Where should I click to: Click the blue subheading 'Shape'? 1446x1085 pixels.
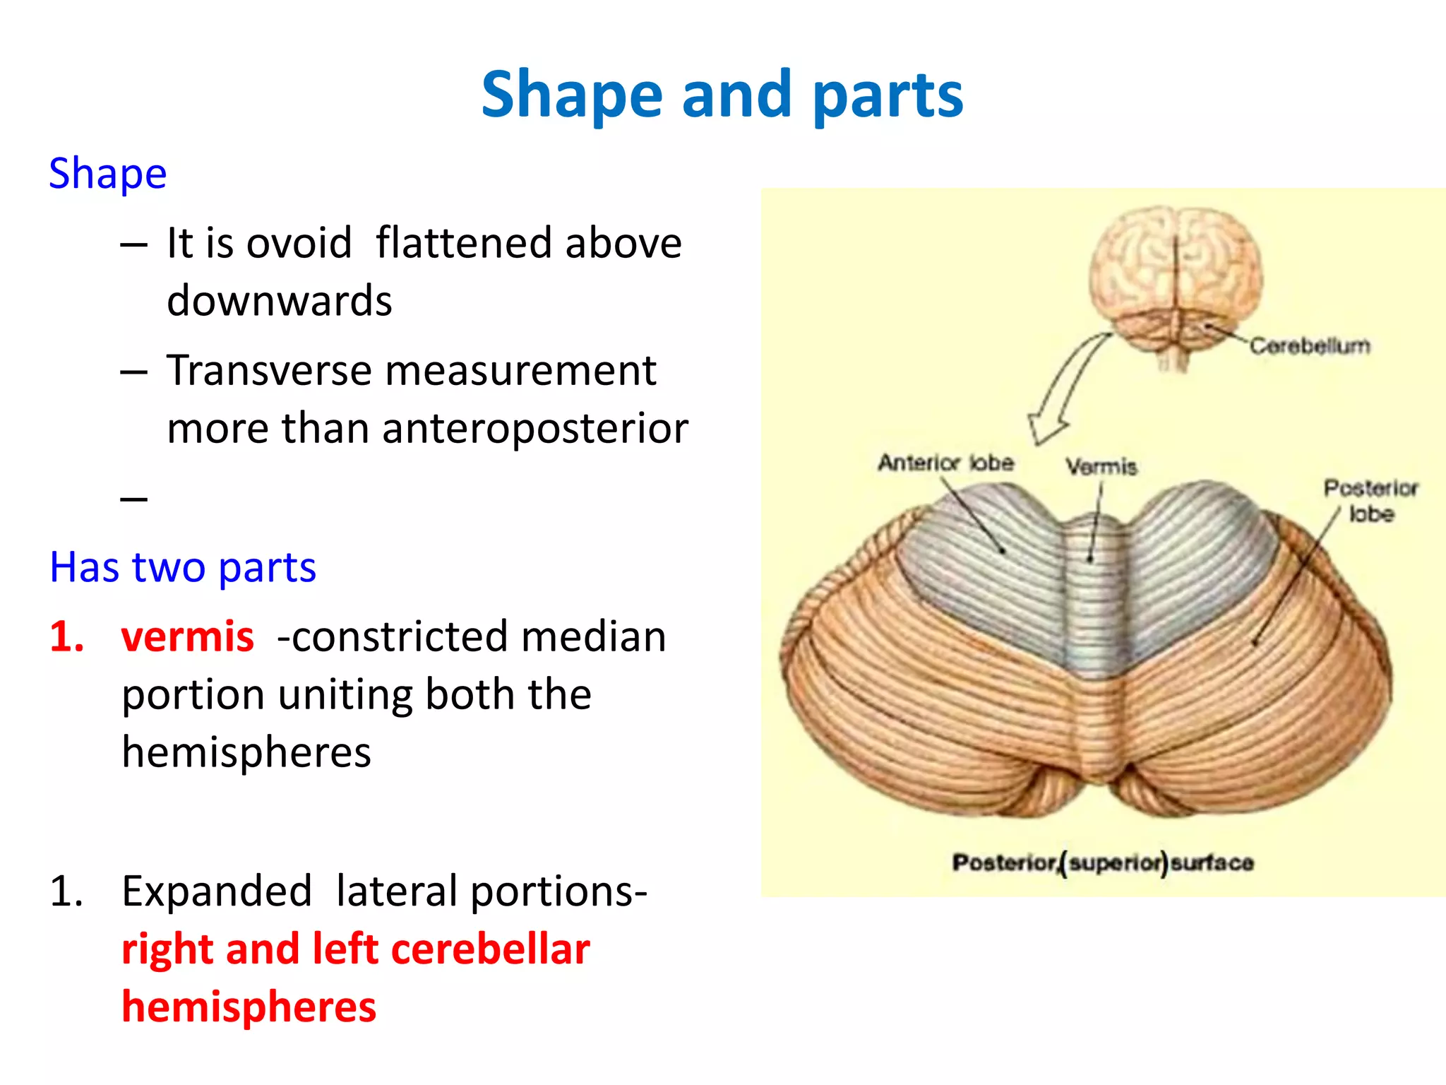coord(107,173)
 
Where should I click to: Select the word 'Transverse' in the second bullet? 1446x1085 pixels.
coord(268,371)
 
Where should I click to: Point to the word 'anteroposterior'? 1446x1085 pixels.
coord(534,428)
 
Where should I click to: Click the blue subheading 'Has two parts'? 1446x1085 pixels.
coord(183,567)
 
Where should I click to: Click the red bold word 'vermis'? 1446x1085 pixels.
coord(187,636)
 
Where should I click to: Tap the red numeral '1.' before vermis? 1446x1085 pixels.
coord(67,636)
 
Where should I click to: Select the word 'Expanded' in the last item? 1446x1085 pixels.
coord(217,891)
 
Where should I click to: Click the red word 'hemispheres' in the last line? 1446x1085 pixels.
coord(249,1007)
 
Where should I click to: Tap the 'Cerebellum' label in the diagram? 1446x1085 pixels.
coord(1310,346)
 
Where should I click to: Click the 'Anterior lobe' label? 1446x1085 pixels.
coord(946,463)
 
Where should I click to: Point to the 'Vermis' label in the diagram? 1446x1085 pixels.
coord(1101,467)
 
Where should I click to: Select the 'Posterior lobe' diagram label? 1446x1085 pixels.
coord(1370,500)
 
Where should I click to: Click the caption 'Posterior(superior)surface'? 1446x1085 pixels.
coord(1103,862)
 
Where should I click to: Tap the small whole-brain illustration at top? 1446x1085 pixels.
coord(1175,283)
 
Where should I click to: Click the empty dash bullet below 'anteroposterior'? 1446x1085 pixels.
coord(134,499)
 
